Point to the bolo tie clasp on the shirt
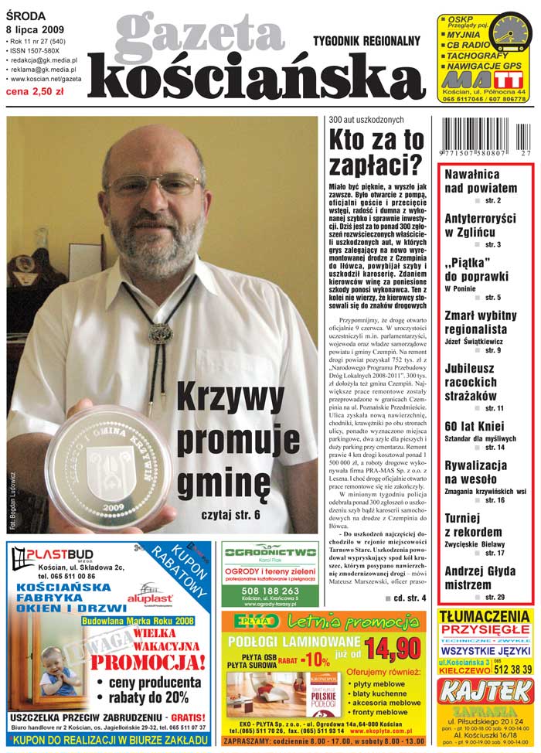pyautogui.click(x=160, y=333)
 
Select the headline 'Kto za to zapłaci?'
pyautogui.click(x=376, y=152)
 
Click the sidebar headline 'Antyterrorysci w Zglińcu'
pyautogui.click(x=479, y=225)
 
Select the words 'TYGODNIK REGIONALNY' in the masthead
pyautogui.click(x=366, y=40)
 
